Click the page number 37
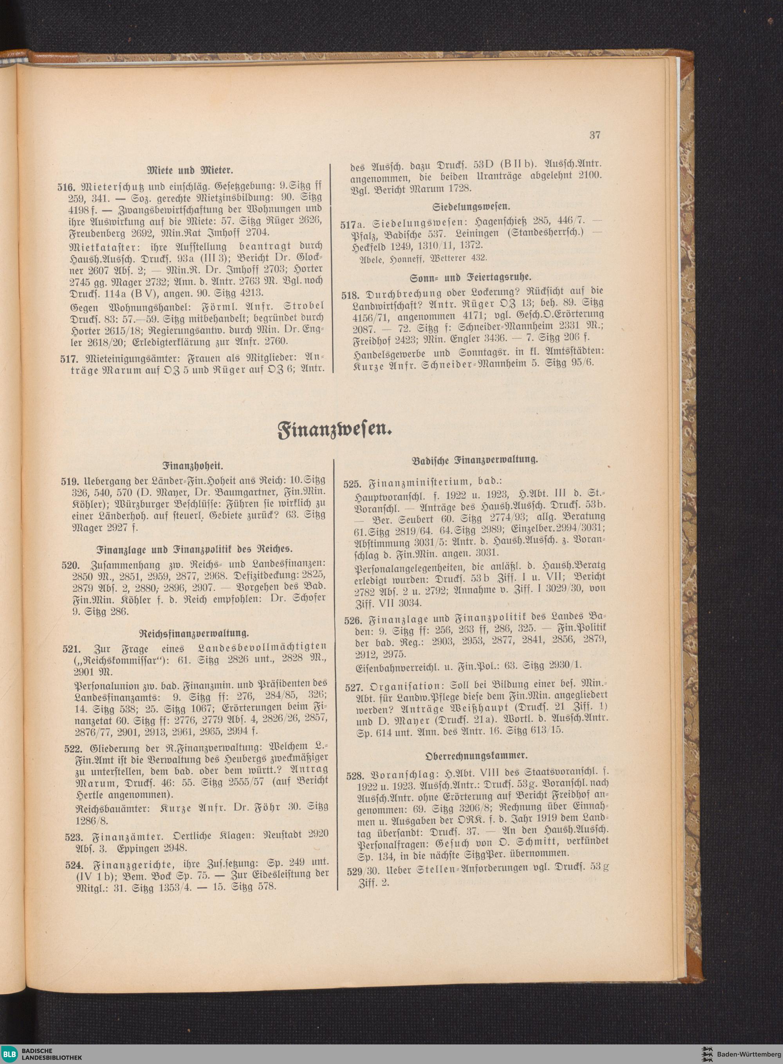595,135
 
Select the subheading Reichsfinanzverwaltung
194,633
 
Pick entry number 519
69,481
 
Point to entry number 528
355,776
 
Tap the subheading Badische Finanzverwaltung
475,459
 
